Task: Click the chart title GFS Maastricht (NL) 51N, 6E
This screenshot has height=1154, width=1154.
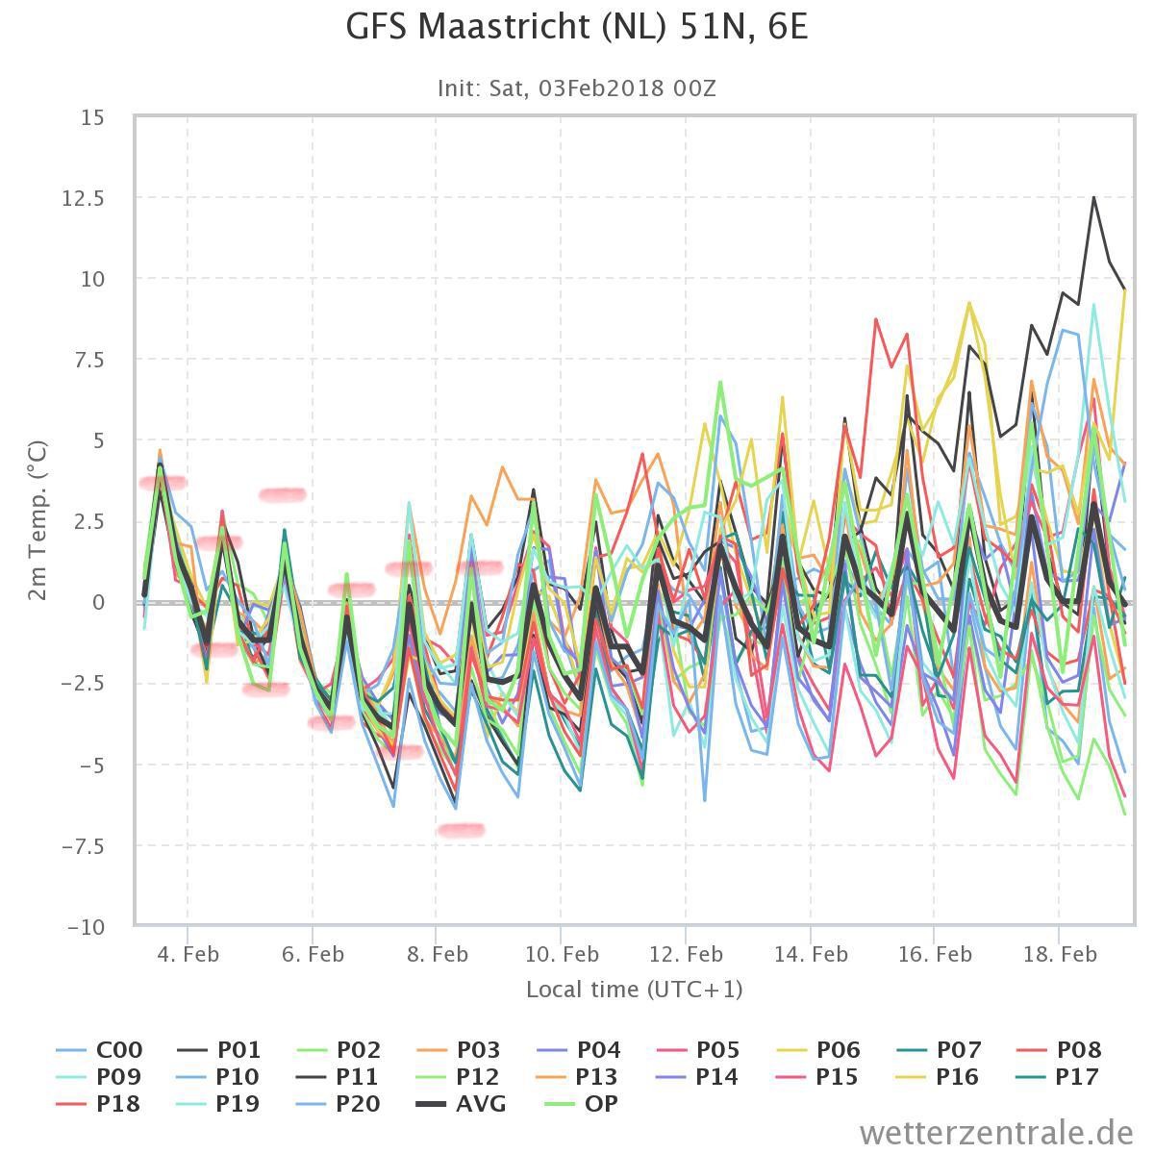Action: coord(577,27)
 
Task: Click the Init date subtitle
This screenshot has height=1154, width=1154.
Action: coord(577,88)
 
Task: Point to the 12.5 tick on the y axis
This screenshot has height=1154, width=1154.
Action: coord(84,198)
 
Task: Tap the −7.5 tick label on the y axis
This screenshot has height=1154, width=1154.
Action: coord(83,846)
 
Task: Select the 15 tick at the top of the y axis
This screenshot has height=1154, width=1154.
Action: coord(93,117)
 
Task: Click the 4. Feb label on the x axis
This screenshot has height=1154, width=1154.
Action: coord(188,954)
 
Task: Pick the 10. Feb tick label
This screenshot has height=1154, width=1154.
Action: coord(562,954)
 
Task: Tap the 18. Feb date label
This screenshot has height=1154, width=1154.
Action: coord(1060,954)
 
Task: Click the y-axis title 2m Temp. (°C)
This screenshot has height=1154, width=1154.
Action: coord(38,520)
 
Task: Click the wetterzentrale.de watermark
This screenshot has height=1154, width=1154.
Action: coord(996,1133)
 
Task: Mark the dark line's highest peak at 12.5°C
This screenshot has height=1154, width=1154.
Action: coord(1093,198)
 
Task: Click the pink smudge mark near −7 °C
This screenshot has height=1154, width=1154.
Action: coord(461,830)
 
